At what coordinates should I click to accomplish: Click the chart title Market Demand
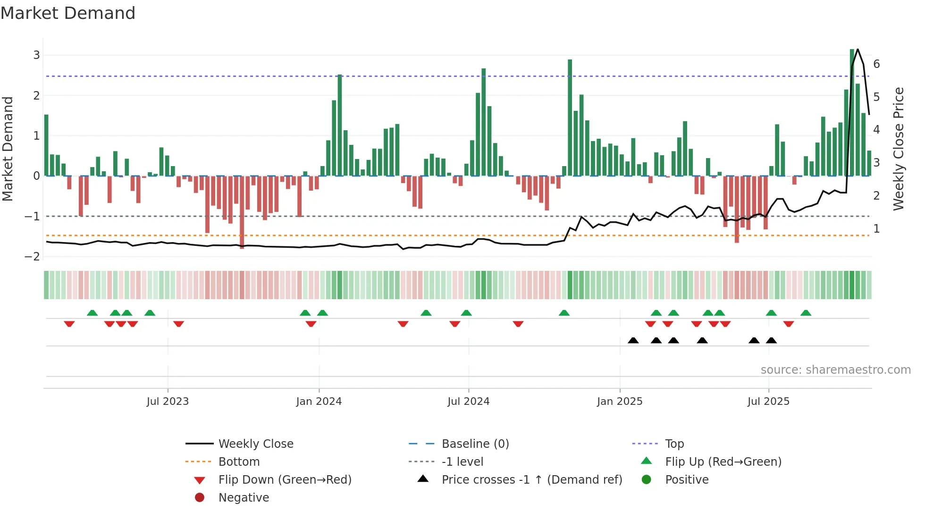click(68, 13)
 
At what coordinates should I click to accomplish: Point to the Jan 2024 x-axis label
click(319, 402)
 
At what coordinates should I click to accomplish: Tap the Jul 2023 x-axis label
click(168, 402)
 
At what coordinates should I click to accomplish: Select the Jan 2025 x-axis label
click(619, 402)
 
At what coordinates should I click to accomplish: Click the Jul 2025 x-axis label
click(768, 402)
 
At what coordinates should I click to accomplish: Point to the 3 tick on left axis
click(36, 55)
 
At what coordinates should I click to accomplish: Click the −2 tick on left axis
click(33, 257)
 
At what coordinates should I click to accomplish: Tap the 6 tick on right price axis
click(876, 64)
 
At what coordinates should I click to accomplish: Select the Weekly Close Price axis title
click(899, 149)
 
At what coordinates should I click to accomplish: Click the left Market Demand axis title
click(8, 149)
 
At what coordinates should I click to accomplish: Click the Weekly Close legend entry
click(255, 444)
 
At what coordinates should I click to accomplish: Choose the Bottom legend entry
click(239, 462)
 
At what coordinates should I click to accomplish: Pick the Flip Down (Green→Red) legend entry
click(285, 480)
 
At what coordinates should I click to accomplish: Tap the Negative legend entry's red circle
click(200, 498)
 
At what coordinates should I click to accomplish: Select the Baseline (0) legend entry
click(475, 444)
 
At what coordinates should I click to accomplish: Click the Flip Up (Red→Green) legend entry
click(723, 462)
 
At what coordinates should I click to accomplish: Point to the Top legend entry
click(674, 444)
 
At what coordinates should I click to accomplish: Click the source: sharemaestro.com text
click(835, 370)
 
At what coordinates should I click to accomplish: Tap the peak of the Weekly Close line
click(858, 50)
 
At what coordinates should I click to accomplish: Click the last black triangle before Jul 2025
click(754, 341)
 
